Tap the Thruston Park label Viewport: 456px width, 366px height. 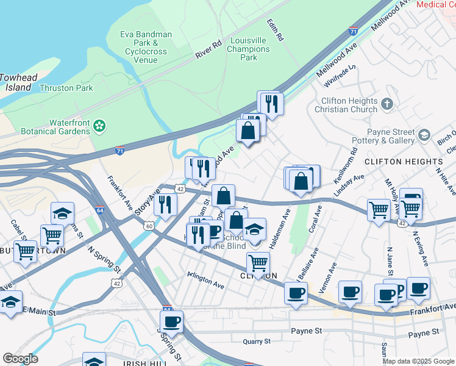click(x=66, y=88)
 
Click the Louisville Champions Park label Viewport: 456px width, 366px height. click(x=248, y=49)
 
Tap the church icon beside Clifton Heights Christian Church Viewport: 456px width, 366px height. click(x=387, y=104)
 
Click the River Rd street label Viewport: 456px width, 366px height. click(x=208, y=50)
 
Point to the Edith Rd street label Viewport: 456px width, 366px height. click(x=276, y=29)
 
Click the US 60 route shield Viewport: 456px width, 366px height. click(x=149, y=226)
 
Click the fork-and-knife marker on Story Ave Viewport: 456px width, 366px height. click(x=164, y=205)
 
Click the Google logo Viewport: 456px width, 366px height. click(x=20, y=359)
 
